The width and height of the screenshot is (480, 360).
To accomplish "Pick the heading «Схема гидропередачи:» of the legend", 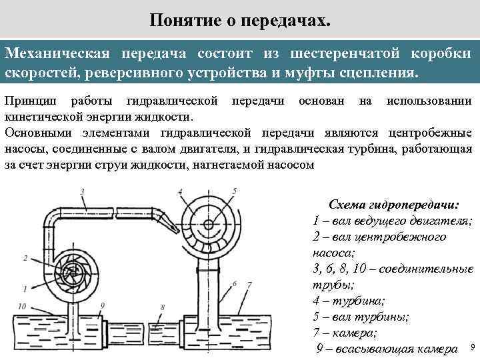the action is tap(393, 204).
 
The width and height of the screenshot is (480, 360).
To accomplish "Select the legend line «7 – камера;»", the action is tap(344, 333).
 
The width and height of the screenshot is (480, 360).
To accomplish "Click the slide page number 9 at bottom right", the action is tap(472, 348).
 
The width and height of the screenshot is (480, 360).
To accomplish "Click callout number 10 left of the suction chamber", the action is tap(23, 305).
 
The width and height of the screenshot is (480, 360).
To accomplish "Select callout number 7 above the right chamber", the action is tap(249, 285).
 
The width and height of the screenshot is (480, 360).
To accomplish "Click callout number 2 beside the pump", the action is tap(25, 257).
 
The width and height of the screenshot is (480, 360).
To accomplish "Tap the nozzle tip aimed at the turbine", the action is tap(177, 224).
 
